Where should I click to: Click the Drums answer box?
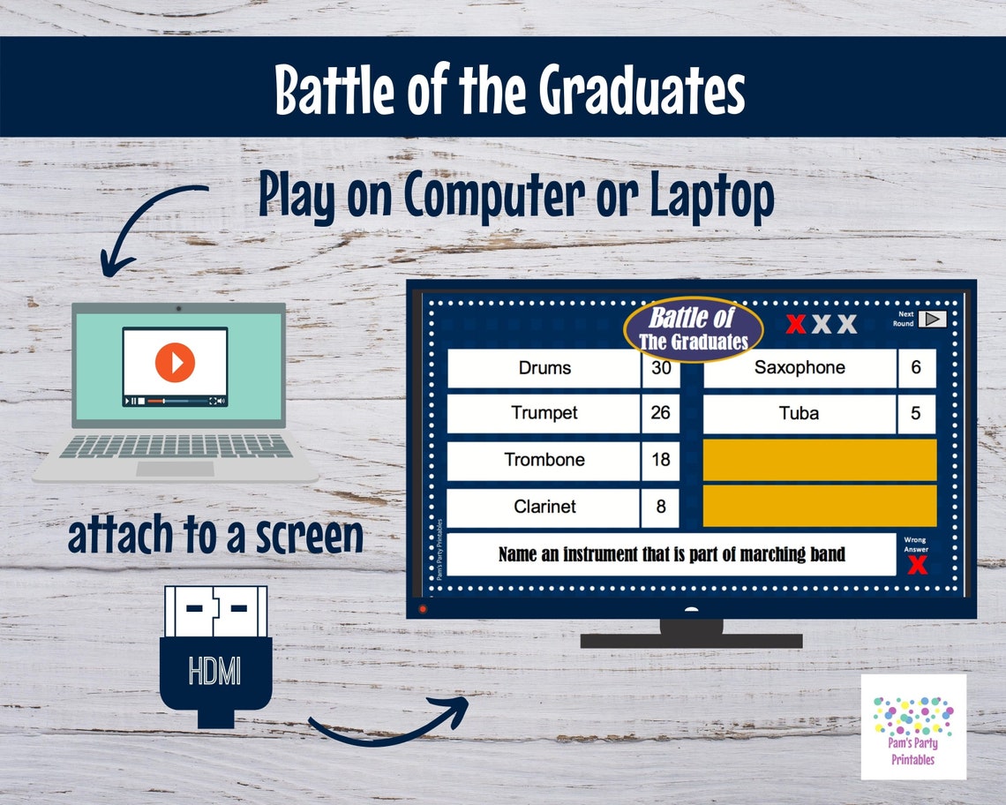(544, 368)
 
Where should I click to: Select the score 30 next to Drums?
(661, 368)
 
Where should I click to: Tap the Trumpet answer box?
(544, 413)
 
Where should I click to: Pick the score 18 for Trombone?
(661, 460)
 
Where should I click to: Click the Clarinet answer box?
(544, 507)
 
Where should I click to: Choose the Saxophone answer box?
(800, 368)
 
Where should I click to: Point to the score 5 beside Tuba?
(916, 413)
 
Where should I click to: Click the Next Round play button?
(932, 319)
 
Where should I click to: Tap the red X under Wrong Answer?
(917, 564)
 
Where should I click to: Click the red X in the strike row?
(796, 324)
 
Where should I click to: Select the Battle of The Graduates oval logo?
(693, 328)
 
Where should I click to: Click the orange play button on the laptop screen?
(175, 362)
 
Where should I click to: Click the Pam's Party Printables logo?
(913, 726)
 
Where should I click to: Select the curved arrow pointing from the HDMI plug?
(388, 722)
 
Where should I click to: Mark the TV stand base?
(691, 639)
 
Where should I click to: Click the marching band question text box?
(672, 554)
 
